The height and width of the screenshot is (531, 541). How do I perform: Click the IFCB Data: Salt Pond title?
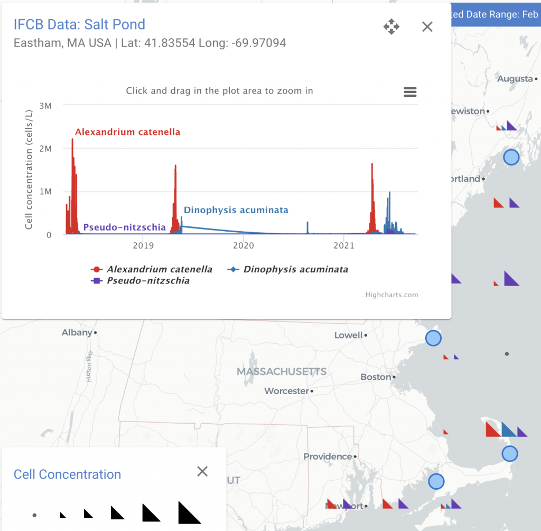[79, 24]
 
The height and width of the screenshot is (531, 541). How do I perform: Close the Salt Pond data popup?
[427, 26]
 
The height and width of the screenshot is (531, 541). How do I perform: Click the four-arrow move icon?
[391, 26]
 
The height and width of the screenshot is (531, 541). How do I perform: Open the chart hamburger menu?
[410, 92]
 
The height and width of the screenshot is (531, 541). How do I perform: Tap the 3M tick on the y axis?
[45, 106]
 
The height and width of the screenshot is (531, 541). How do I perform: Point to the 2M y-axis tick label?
[45, 149]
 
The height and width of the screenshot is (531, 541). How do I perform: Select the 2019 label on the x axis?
[143, 245]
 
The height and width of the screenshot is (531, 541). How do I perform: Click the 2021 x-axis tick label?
[344, 245]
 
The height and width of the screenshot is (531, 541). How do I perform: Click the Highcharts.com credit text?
[391, 295]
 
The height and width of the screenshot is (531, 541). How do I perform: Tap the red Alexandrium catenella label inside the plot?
[128, 132]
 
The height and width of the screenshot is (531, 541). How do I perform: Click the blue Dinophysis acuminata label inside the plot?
[236, 210]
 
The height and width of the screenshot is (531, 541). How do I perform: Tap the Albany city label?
[77, 333]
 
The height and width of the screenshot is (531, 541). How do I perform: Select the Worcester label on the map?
[286, 391]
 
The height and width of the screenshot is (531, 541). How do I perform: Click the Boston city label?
[376, 377]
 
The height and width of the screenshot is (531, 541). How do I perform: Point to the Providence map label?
[328, 456]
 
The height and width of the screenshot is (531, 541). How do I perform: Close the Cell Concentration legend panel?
[202, 471]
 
